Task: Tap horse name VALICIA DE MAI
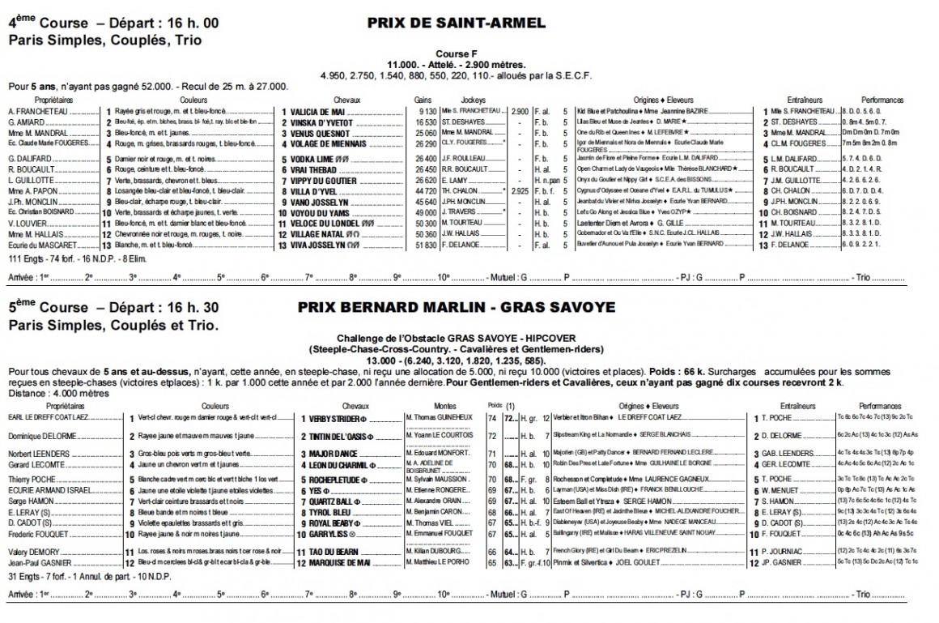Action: click(319, 110)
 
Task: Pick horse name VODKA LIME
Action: click(316, 160)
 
